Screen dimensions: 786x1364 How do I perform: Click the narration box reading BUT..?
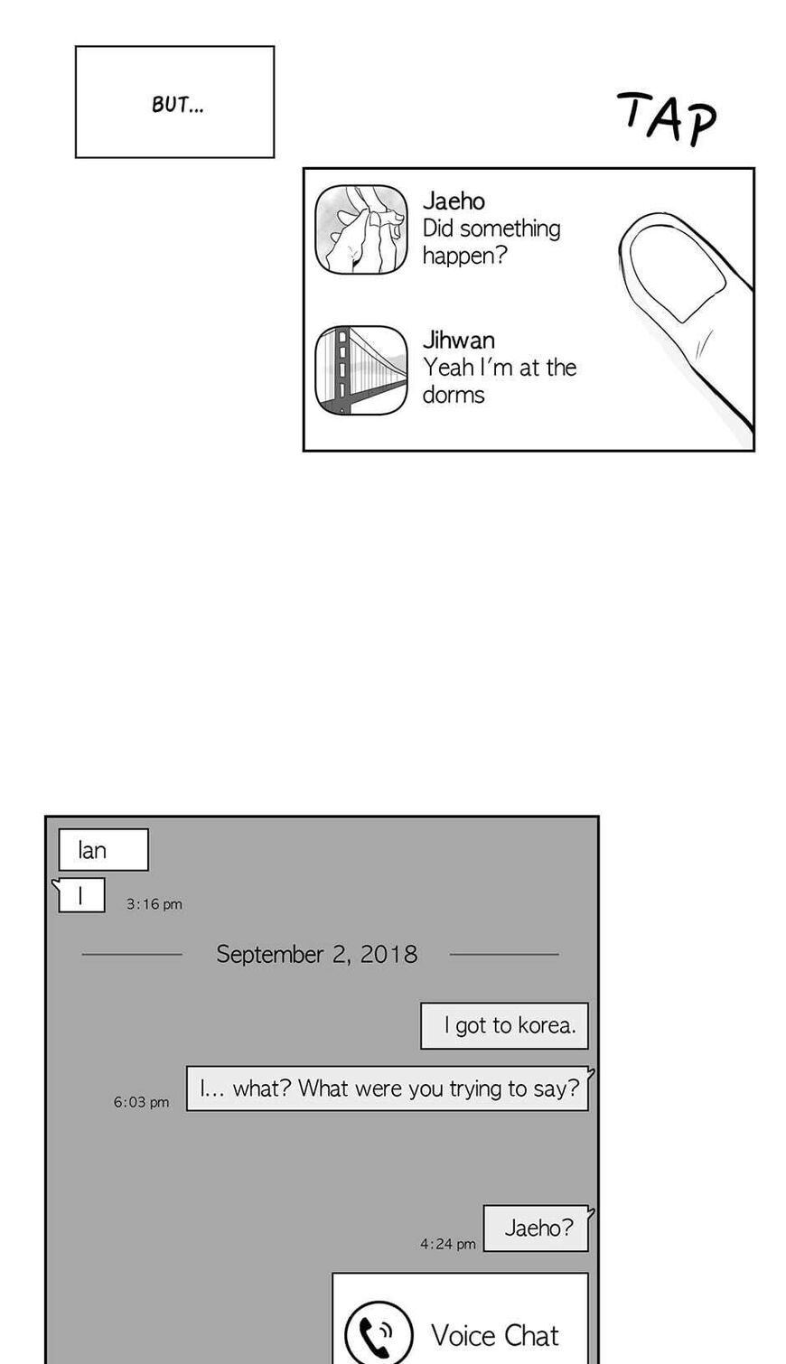pyautogui.click(x=174, y=102)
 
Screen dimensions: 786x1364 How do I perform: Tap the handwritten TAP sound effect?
pyautogui.click(x=668, y=118)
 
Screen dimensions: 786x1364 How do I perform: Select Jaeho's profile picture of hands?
pyautogui.click(x=361, y=229)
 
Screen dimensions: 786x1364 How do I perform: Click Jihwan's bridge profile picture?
pyautogui.click(x=361, y=370)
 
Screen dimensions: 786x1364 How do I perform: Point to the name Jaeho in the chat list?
pyautogui.click(x=454, y=201)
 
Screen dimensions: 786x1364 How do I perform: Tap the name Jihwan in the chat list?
pyautogui.click(x=458, y=340)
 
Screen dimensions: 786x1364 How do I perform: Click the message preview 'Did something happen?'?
pyautogui.click(x=491, y=242)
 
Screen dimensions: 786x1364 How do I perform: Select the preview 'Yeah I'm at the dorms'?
pyautogui.click(x=500, y=380)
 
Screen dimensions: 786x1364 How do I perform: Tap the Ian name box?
pyautogui.click(x=104, y=849)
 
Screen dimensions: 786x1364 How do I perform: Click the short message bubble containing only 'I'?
pyautogui.click(x=81, y=895)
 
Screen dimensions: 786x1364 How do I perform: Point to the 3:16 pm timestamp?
pyautogui.click(x=154, y=904)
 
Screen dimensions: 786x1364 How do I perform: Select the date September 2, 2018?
pyautogui.click(x=316, y=954)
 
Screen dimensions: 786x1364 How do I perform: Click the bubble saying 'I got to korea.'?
pyautogui.click(x=504, y=1026)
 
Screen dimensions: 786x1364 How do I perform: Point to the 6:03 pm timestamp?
pyautogui.click(x=141, y=1102)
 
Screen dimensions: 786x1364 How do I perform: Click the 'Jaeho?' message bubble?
pyautogui.click(x=537, y=1229)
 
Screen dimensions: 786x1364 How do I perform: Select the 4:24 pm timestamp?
pyautogui.click(x=447, y=1244)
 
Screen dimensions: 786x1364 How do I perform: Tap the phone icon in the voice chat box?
pyautogui.click(x=378, y=1333)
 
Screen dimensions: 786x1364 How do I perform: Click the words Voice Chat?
pyautogui.click(x=494, y=1335)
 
